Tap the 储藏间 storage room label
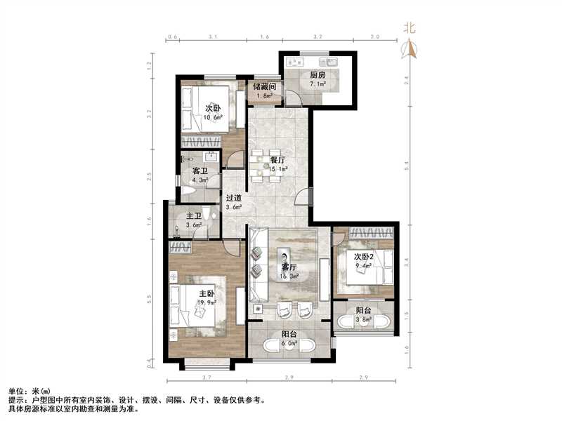tap(264, 86)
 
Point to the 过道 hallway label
tap(234, 198)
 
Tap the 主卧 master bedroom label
tap(207, 293)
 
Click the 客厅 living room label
tap(288, 267)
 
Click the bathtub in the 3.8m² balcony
tap(363, 322)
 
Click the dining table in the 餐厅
tap(271, 165)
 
